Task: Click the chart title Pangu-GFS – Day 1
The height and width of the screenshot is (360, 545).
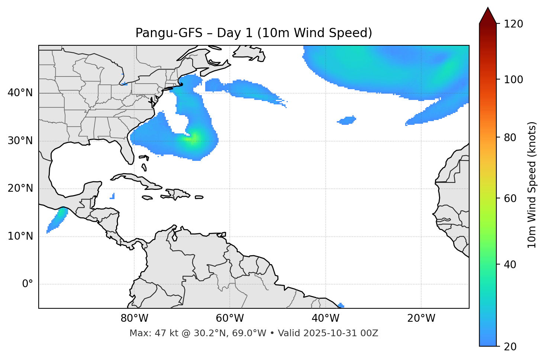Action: [254, 33]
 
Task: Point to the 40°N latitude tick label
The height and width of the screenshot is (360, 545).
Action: [20, 93]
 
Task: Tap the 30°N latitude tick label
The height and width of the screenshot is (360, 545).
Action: [20, 141]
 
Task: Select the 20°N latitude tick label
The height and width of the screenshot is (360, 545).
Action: [20, 189]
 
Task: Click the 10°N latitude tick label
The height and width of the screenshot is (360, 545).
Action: [20, 236]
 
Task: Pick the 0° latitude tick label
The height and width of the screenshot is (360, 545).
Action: [28, 284]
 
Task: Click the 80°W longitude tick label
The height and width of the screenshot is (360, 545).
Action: [134, 318]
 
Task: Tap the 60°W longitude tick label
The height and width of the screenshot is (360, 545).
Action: [230, 318]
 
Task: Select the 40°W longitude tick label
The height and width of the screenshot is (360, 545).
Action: [325, 318]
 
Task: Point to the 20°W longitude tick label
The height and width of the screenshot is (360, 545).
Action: [421, 318]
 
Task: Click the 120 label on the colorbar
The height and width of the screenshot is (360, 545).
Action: [513, 24]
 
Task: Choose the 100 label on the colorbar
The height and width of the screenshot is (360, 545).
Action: [513, 80]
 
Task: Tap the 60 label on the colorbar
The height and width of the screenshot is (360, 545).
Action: [510, 198]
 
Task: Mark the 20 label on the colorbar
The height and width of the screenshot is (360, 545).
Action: [510, 347]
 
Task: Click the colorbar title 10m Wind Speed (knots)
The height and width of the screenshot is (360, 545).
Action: [532, 185]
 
